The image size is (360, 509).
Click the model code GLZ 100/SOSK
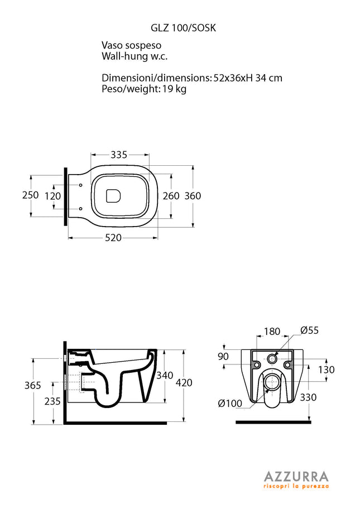pyautogui.click(x=183, y=28)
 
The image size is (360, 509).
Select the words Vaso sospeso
pyautogui.click(x=132, y=45)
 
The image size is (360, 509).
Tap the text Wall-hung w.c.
pyautogui.click(x=135, y=56)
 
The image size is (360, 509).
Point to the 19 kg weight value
pyautogui.click(x=174, y=89)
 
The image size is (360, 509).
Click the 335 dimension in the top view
pyautogui.click(x=119, y=155)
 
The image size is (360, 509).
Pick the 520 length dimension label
pyautogui.click(x=113, y=238)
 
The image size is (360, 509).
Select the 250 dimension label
pyautogui.click(x=31, y=195)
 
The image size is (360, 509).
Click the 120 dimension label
pyautogui.click(x=52, y=196)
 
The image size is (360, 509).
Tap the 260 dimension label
pyautogui.click(x=171, y=196)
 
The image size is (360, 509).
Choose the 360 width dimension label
pyautogui.click(x=193, y=196)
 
